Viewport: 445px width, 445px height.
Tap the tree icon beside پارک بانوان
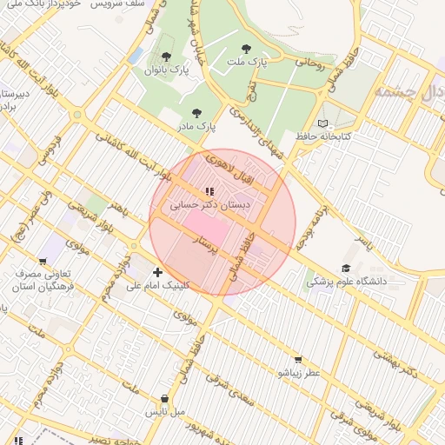click(166, 56)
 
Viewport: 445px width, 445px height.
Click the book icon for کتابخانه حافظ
click(325, 124)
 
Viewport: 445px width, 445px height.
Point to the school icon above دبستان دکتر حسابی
click(209, 191)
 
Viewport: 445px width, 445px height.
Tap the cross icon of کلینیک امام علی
click(157, 272)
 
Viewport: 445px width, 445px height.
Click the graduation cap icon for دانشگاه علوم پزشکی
click(346, 269)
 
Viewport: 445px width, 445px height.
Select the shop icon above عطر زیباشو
click(299, 359)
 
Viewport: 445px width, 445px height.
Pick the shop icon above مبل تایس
click(165, 399)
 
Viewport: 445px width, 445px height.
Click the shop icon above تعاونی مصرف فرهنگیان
click(42, 261)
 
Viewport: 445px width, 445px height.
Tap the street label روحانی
click(310, 62)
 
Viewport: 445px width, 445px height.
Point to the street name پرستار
click(215, 244)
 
